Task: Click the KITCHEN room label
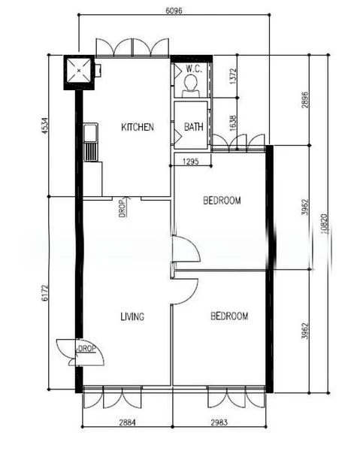point(138,127)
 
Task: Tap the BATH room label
point(193,127)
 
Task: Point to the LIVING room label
point(132,316)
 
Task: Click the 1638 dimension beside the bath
point(232,122)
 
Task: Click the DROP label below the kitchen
point(121,207)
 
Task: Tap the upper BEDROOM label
point(222,201)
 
